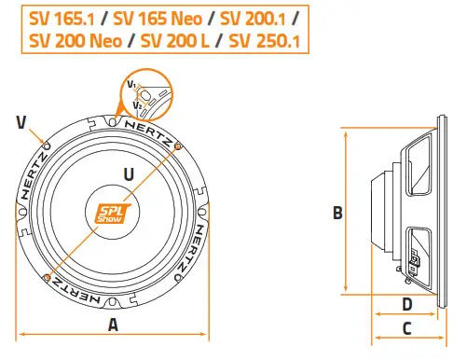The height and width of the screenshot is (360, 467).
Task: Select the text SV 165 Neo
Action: [158, 17]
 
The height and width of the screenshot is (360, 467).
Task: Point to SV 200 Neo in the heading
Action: [75, 41]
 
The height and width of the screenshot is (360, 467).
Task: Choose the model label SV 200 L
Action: [179, 41]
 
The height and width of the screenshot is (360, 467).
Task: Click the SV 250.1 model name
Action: [268, 41]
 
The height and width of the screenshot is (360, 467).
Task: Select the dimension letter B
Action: [337, 213]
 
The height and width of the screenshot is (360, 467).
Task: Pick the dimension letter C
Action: [406, 327]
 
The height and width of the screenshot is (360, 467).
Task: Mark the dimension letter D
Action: [406, 303]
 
